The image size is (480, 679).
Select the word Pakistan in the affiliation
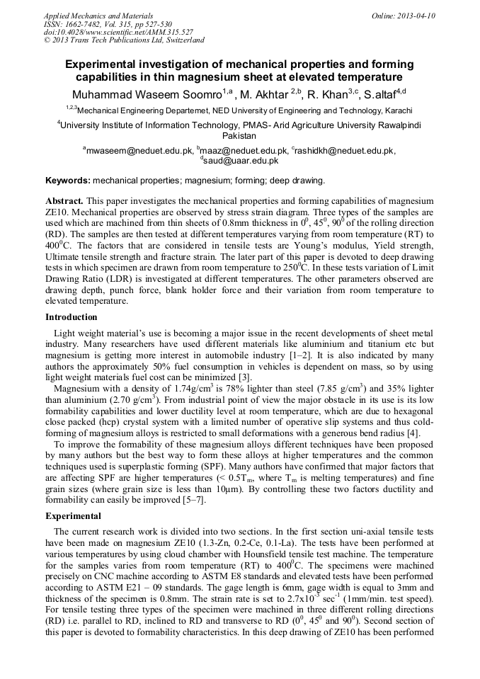click(x=239, y=135)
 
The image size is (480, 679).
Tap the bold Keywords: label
click(x=67, y=181)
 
